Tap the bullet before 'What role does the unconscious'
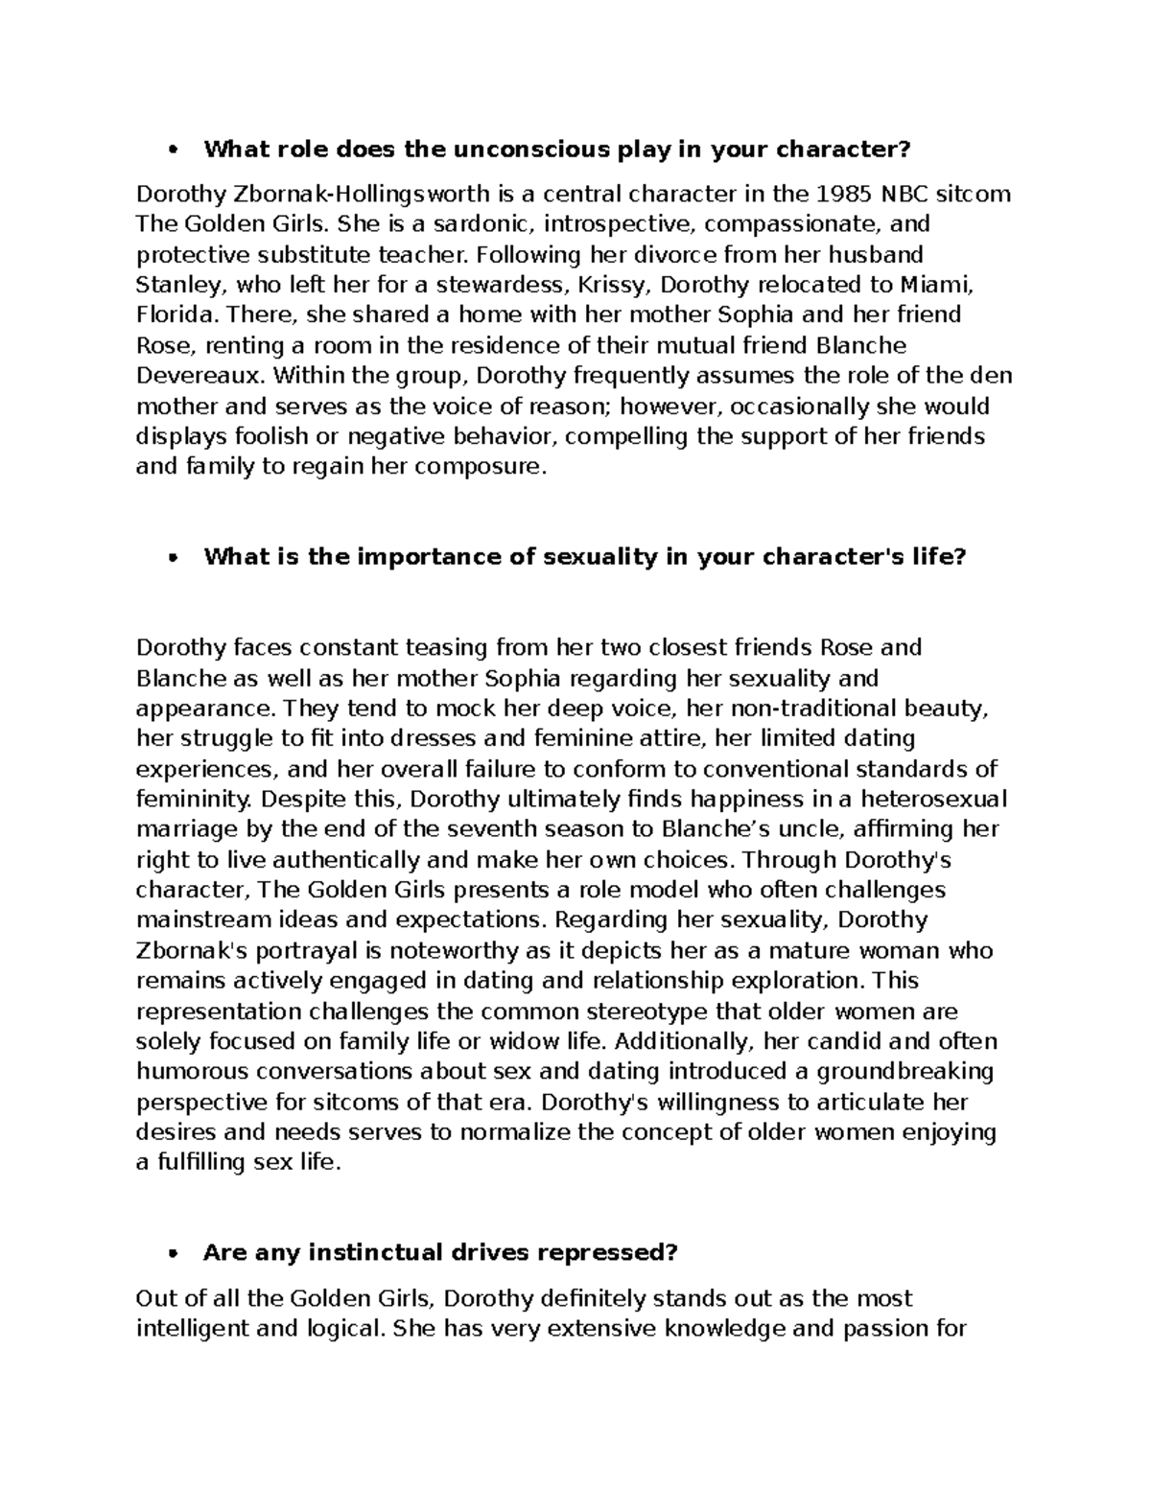pos(174,151)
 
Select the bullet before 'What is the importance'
pos(174,559)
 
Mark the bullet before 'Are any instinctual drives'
pos(174,1254)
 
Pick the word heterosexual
pos(932,800)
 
